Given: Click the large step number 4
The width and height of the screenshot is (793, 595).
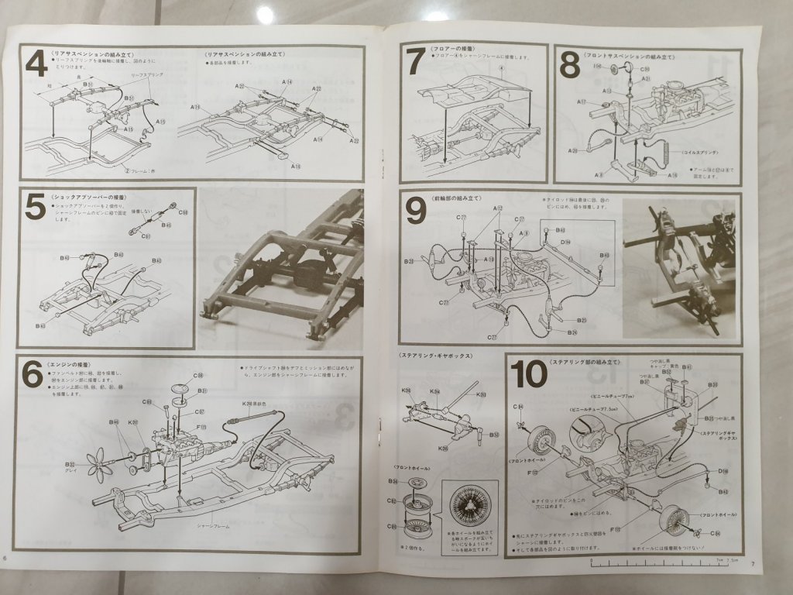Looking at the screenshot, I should coord(36,63).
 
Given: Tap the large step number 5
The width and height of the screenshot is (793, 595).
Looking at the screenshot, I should coord(36,207).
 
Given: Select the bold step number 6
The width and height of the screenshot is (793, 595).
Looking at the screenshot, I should coord(33,375).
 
